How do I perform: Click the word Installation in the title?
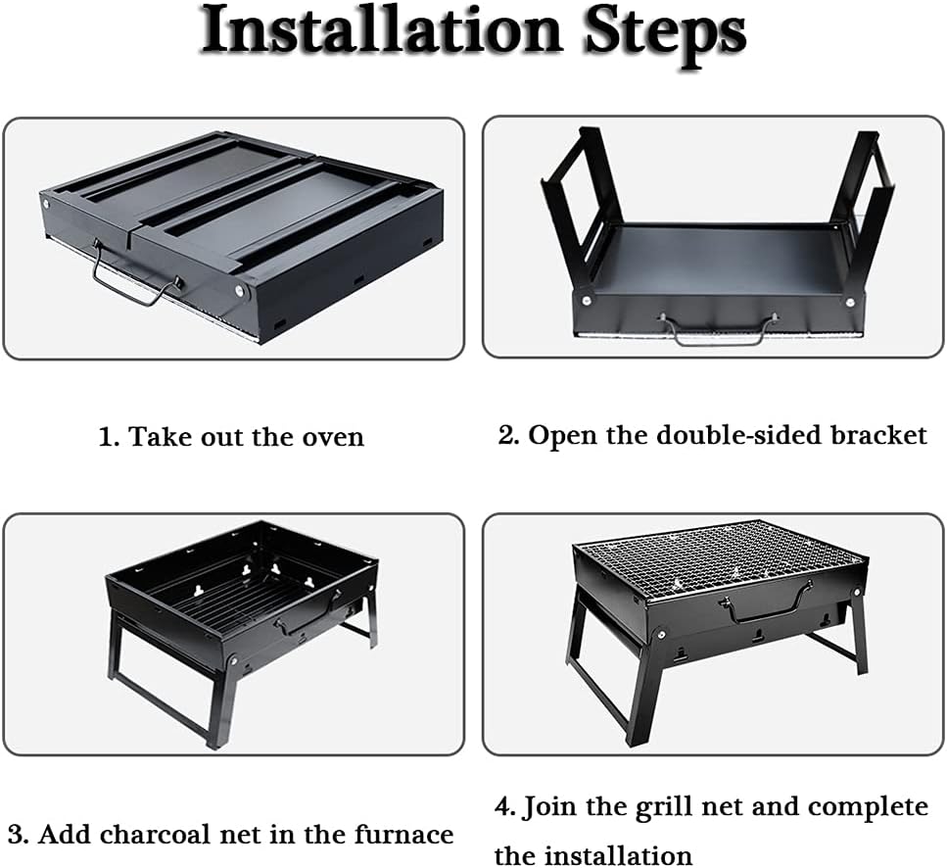point(382,31)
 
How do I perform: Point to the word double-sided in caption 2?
point(740,435)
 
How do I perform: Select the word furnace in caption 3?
point(403,835)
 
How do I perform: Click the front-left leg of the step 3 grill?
point(219,700)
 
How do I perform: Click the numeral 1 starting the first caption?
point(107,437)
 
